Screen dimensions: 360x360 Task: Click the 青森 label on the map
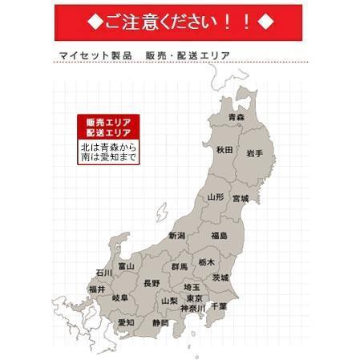point(237,118)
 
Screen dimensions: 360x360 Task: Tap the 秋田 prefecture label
point(224,150)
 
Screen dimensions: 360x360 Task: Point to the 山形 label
point(216,196)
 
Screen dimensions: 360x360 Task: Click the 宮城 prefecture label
point(241,197)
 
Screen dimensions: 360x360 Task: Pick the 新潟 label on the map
point(176,236)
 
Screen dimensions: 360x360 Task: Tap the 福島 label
point(219,236)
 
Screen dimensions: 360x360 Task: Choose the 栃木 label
point(207,262)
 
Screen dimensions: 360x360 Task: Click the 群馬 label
point(180,265)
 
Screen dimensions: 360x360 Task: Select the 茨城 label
point(220,277)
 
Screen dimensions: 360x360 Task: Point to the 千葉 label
point(218,306)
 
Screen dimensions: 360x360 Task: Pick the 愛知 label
point(126,322)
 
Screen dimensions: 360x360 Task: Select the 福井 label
point(97,289)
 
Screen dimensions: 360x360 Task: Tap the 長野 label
point(152,283)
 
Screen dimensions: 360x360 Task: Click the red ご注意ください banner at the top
point(180,20)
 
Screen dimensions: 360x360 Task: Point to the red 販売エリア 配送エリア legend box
point(108,127)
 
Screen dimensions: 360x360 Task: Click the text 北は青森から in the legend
point(108,148)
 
